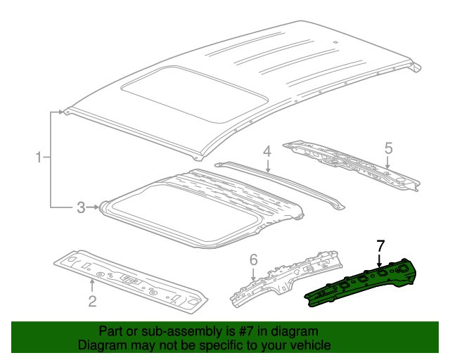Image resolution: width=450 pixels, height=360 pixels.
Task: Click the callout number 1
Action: [39, 157]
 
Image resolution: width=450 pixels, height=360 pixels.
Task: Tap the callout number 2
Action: [92, 302]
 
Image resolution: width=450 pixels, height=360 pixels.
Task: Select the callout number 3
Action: [81, 207]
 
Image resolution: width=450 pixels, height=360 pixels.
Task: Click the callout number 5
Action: [387, 148]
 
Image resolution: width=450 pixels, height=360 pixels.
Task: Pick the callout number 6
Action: [254, 261]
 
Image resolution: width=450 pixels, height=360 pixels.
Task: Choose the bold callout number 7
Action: [380, 245]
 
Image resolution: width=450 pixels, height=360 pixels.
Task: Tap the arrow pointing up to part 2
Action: [92, 285]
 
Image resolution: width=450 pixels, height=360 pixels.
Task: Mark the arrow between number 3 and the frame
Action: [94, 207]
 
